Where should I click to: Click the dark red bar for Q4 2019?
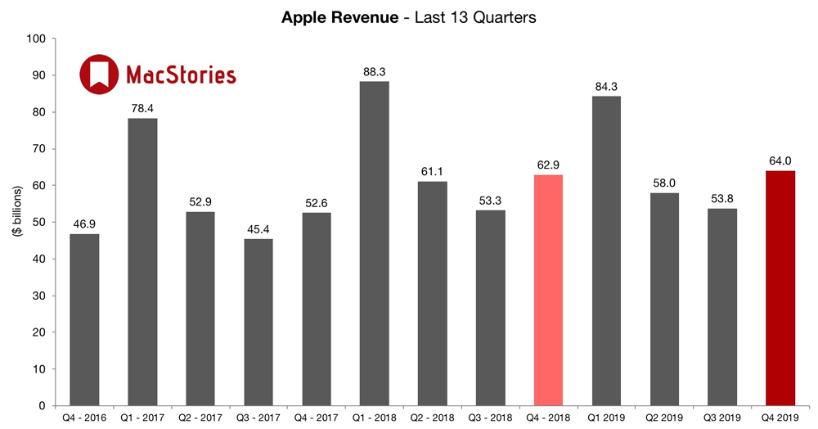point(780,288)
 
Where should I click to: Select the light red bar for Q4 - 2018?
point(548,290)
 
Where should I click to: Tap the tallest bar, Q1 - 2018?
point(374,243)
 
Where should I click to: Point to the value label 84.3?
point(606,86)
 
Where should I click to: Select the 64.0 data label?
point(780,160)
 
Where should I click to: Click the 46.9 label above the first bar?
point(84,224)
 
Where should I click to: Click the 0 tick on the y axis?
point(40,406)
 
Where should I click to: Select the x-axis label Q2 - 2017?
point(200,418)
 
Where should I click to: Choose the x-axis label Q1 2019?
point(606,418)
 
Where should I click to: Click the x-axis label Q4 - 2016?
point(84,418)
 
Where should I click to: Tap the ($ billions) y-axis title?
point(17,222)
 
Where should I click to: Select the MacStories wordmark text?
point(181,75)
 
